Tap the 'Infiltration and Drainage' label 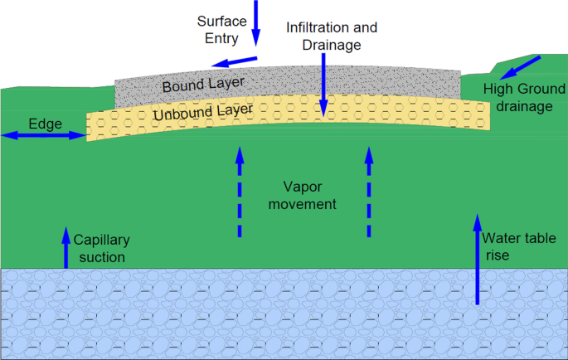point(324,36)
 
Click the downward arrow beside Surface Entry point(256,22)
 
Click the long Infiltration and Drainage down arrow point(324,83)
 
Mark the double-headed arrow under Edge point(44,135)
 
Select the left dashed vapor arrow point(240,192)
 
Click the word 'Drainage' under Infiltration point(324,45)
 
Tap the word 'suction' point(100,257)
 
